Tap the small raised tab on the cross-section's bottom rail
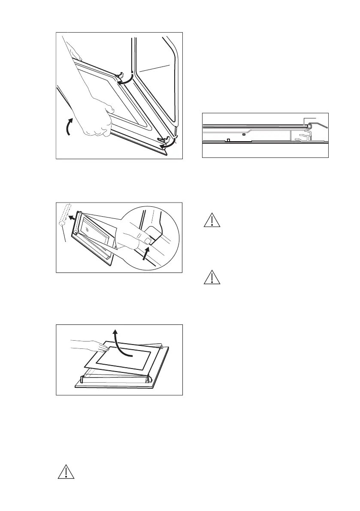tap(229, 139)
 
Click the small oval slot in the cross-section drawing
tap(243, 134)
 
